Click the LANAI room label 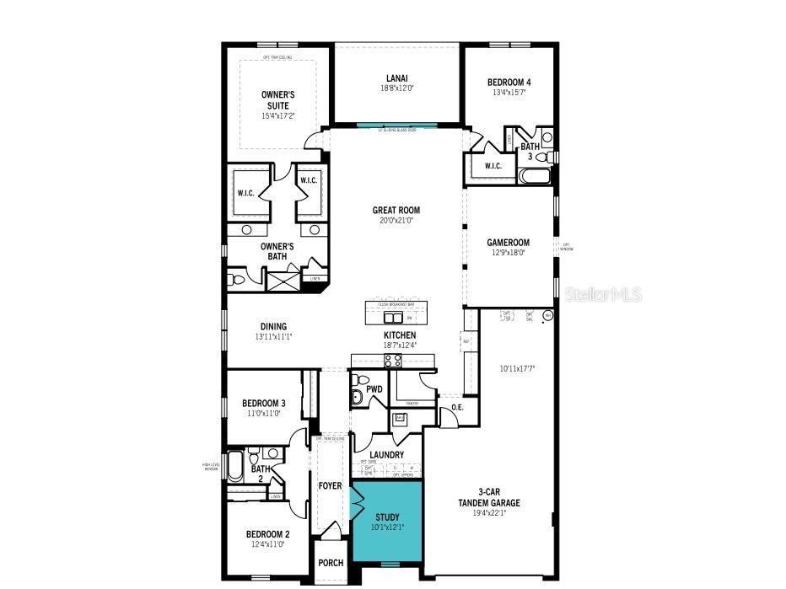(396, 78)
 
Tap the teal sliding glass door (396, 126)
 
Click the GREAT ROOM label (396, 211)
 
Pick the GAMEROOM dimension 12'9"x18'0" (507, 252)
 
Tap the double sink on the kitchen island (392, 318)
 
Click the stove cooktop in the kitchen (393, 361)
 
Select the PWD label (374, 389)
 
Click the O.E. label (457, 408)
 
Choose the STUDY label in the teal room (386, 517)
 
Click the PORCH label (330, 563)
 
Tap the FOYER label (330, 486)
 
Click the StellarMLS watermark (602, 294)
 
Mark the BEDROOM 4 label (509, 83)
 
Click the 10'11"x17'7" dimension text (518, 368)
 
